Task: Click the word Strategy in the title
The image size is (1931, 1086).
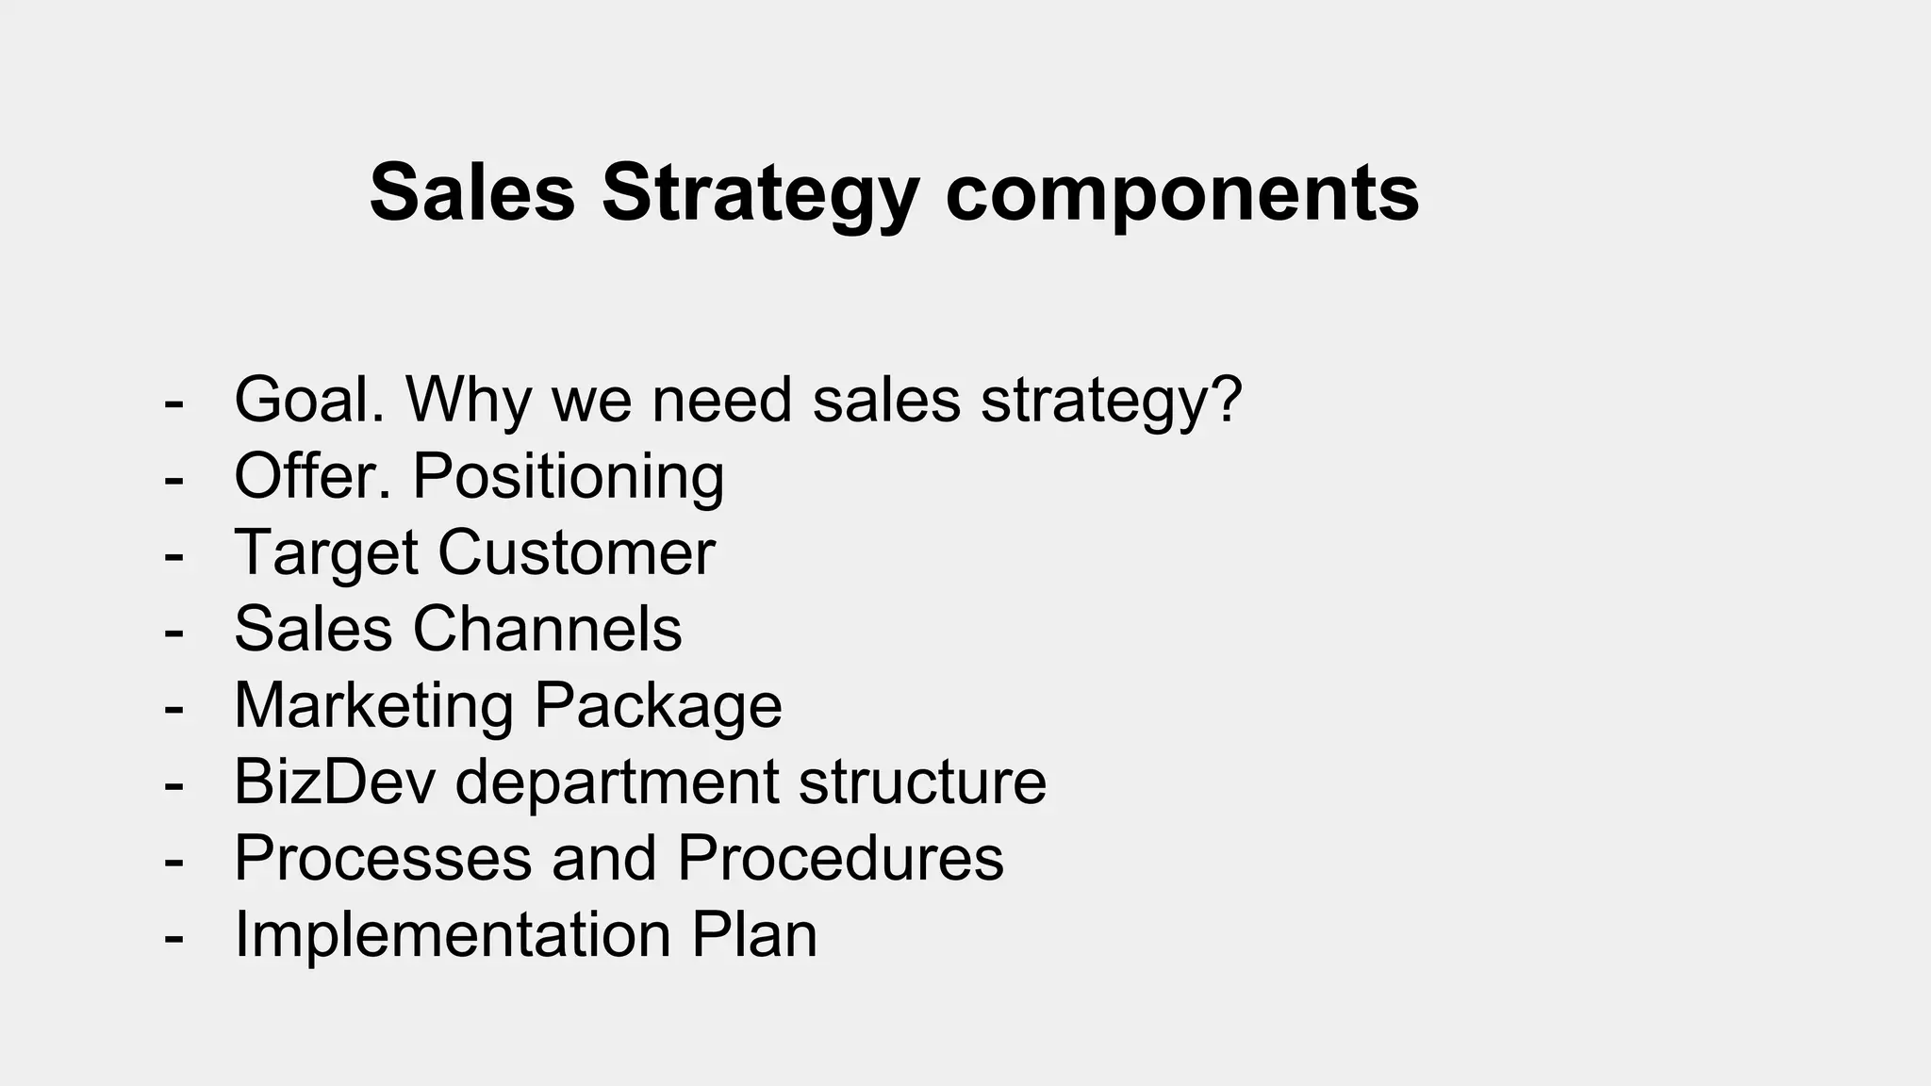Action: click(x=760, y=195)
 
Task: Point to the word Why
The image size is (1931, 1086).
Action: click(x=469, y=400)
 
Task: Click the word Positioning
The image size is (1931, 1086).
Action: click(x=569, y=476)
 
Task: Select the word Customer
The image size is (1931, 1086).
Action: click(x=576, y=552)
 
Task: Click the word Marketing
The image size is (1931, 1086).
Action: click(x=373, y=705)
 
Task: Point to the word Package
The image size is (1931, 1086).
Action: click(x=657, y=705)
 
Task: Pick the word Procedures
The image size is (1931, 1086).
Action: click(x=840, y=858)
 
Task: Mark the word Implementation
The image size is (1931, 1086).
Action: click(x=452, y=934)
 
